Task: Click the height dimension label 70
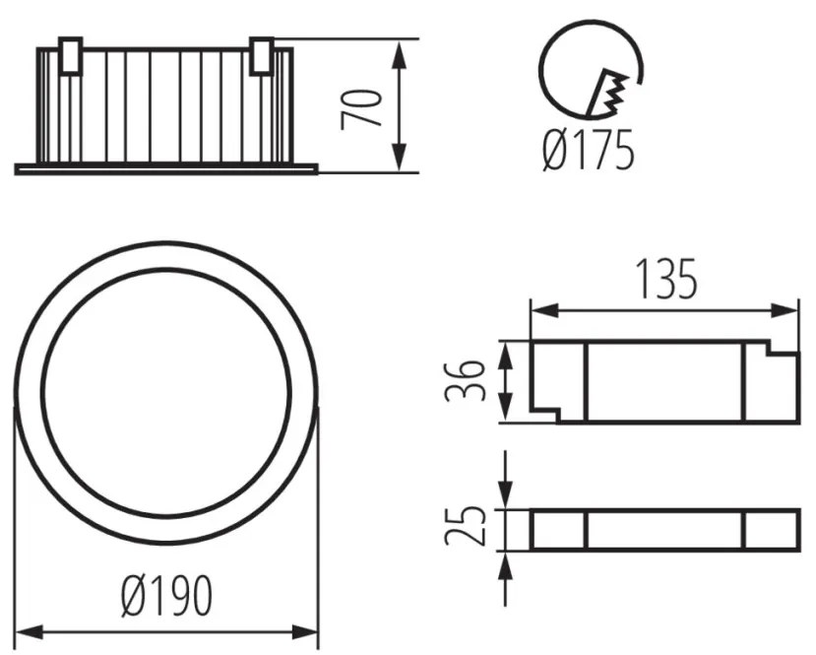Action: [x=360, y=109]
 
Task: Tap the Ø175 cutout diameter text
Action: [x=588, y=150]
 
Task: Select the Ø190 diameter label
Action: [x=167, y=596]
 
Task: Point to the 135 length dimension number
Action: [x=666, y=279]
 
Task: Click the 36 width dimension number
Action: [x=465, y=380]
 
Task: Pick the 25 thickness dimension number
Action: [x=465, y=525]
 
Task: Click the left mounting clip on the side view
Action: [x=70, y=56]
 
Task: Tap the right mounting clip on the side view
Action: [x=261, y=56]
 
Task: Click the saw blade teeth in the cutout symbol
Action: [x=607, y=93]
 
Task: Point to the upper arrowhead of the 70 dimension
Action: [x=399, y=55]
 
